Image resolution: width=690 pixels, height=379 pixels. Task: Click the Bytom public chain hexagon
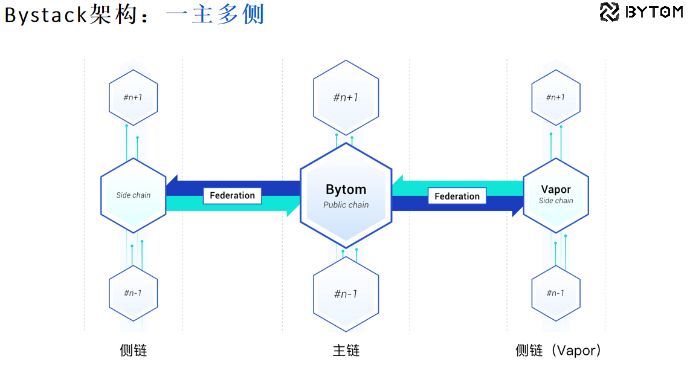click(x=346, y=195)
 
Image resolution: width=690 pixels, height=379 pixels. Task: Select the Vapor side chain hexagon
click(x=555, y=195)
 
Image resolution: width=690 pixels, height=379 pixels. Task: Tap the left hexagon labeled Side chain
click(x=133, y=195)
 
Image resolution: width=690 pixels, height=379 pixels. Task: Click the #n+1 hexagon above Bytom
click(x=346, y=97)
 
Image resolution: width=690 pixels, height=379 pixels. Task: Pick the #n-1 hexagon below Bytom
click(x=346, y=294)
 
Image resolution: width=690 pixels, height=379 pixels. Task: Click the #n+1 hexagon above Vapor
click(x=555, y=97)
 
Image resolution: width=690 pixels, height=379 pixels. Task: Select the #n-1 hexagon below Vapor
click(x=555, y=293)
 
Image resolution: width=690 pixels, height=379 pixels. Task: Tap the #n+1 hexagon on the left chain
click(x=133, y=97)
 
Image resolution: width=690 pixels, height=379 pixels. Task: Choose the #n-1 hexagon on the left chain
click(x=133, y=293)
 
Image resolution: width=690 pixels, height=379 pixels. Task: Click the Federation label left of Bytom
click(x=232, y=195)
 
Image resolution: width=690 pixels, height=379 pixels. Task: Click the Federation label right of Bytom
click(x=457, y=196)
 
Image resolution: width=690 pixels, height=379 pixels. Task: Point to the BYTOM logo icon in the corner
click(x=610, y=11)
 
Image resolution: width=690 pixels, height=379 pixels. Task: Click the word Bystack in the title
click(x=46, y=15)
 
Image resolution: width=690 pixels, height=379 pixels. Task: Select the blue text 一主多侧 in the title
click(x=215, y=15)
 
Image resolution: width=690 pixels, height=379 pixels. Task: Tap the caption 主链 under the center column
click(x=346, y=351)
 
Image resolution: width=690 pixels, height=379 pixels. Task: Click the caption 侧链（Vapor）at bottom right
click(x=558, y=351)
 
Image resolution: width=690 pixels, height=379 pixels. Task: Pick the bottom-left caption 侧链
click(x=133, y=351)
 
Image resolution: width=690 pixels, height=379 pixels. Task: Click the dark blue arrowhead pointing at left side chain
click(x=172, y=187)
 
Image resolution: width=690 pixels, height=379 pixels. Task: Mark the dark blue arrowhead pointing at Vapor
click(x=518, y=205)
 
